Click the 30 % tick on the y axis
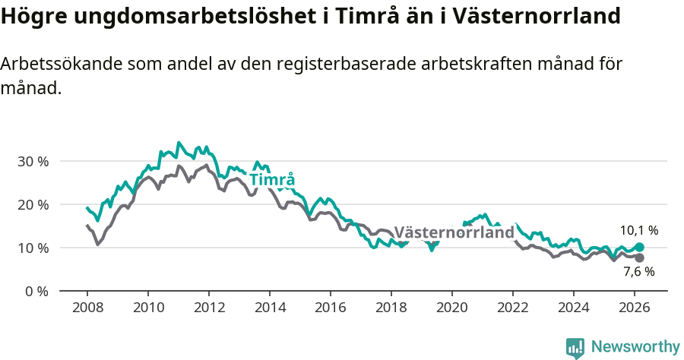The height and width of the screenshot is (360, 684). [x=33, y=162]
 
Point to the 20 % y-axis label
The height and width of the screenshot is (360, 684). [x=33, y=205]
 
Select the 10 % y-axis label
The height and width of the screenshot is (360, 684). [x=33, y=248]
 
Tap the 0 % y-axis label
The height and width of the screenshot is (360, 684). [x=36, y=292]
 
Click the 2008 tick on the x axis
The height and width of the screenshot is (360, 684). [x=87, y=308]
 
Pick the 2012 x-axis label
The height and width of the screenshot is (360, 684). [x=208, y=308]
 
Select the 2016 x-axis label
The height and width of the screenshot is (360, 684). [x=330, y=308]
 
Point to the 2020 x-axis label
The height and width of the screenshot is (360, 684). [x=451, y=308]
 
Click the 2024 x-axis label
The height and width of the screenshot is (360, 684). [x=573, y=308]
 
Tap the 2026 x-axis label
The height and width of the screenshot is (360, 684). [x=634, y=308]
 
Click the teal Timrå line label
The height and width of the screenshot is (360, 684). [x=272, y=180]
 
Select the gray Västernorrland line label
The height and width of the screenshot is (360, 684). [x=454, y=232]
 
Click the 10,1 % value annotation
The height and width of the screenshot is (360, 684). [x=638, y=230]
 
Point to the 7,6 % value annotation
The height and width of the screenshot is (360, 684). [x=638, y=271]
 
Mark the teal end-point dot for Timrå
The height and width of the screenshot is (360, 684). [x=640, y=247]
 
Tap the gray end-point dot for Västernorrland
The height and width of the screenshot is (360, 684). [x=640, y=258]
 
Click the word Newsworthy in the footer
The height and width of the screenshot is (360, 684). [x=635, y=347]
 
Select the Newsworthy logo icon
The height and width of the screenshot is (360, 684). [x=575, y=348]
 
